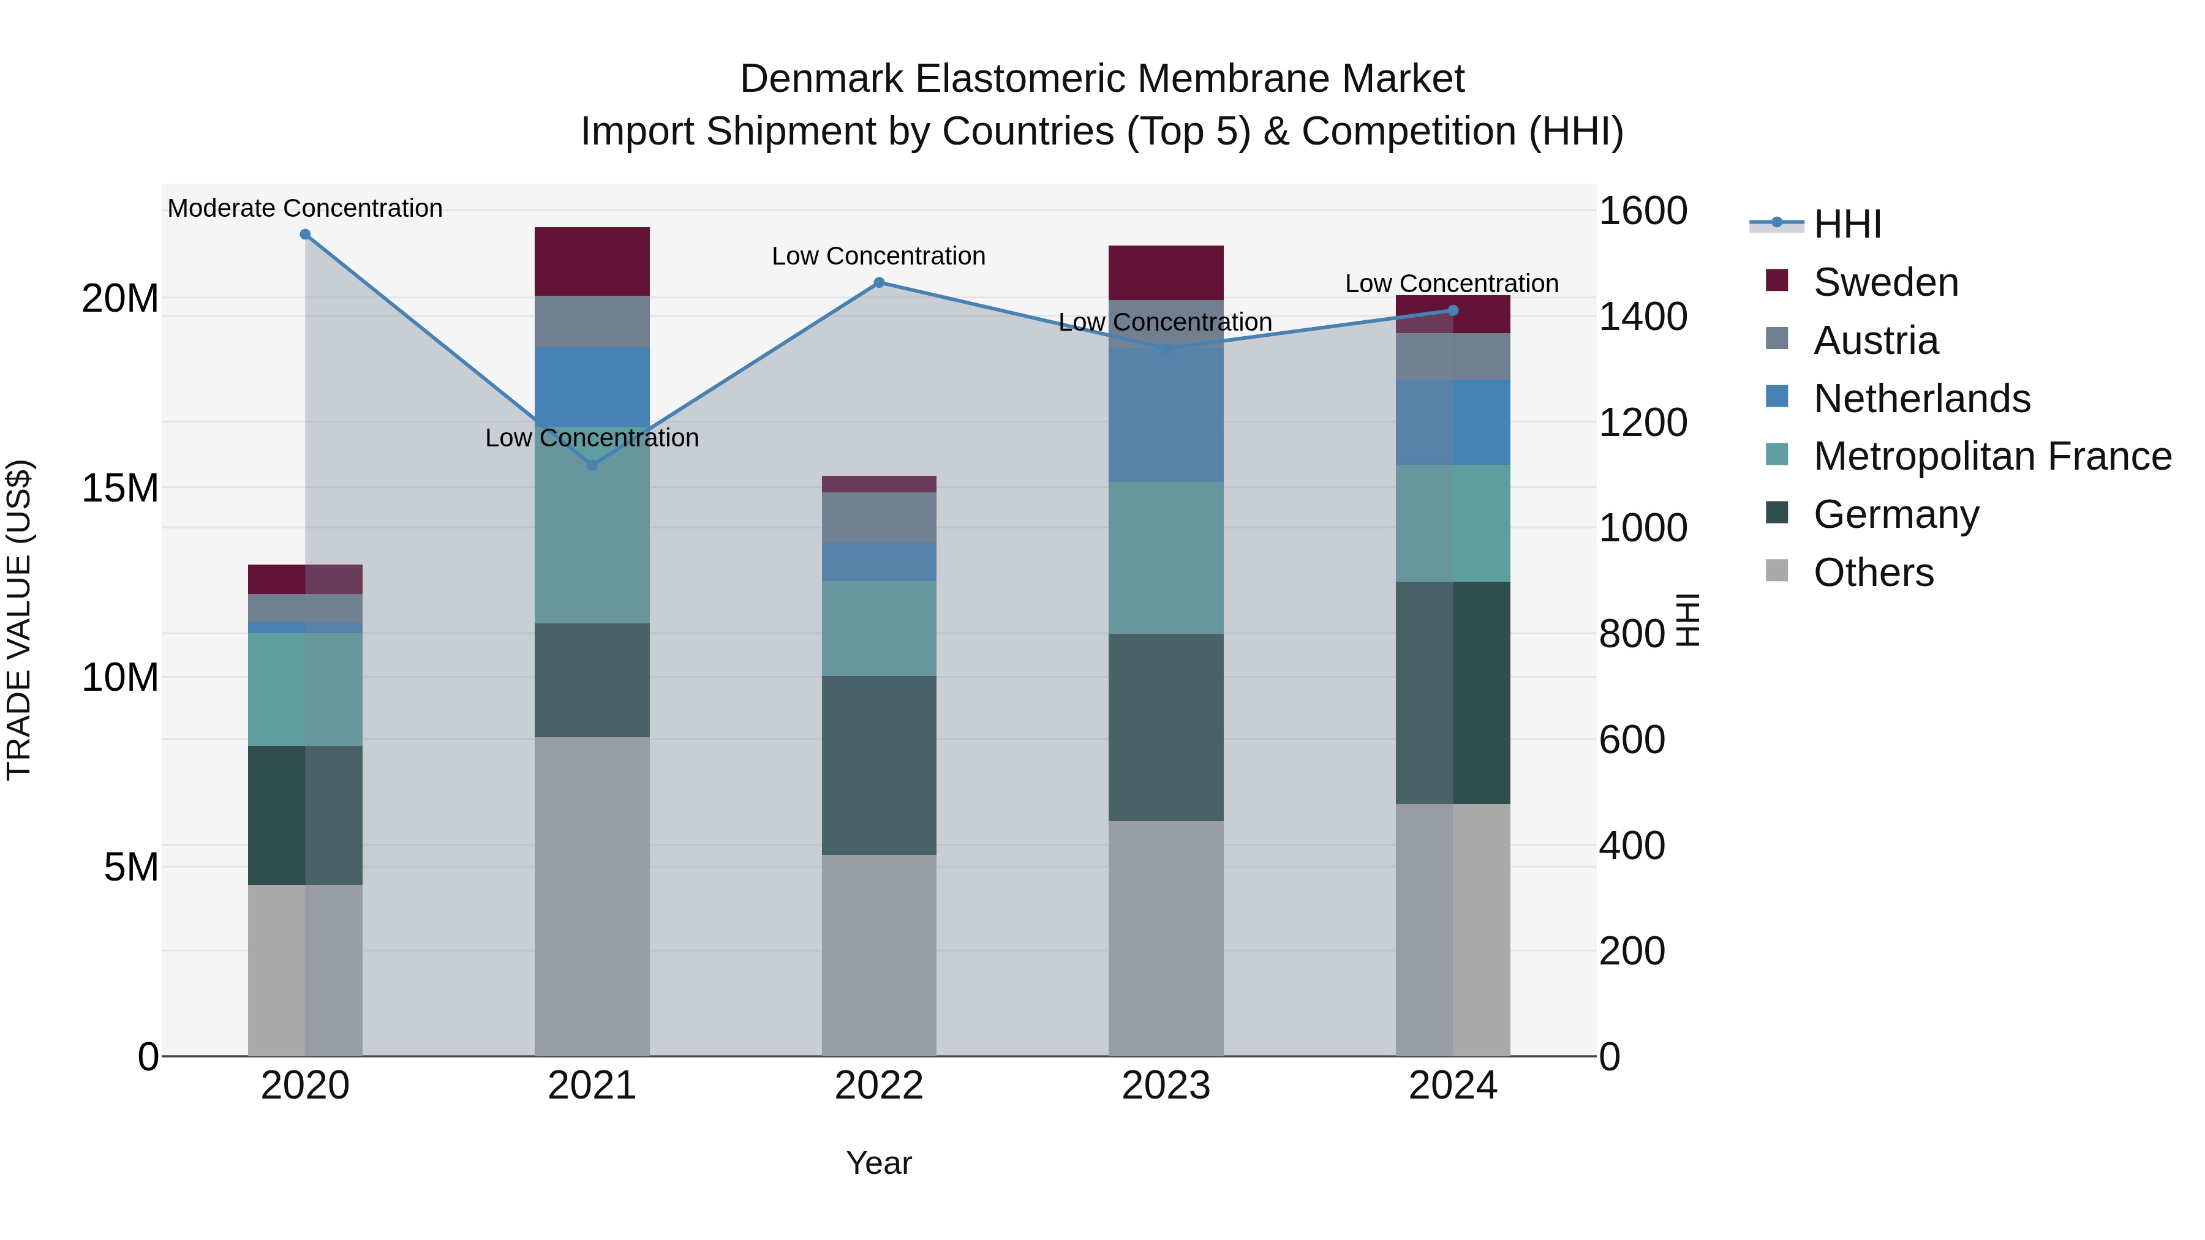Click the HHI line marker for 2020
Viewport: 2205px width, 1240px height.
tap(305, 235)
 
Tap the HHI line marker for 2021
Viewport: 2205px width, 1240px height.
tap(592, 465)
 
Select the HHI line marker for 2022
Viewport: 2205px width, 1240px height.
tap(879, 282)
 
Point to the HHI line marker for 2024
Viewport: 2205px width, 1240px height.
tap(1453, 310)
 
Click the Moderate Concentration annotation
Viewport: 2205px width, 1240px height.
tap(305, 208)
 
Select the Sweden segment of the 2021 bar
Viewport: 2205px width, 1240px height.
tap(592, 261)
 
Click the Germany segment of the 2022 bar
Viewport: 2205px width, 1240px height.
tap(879, 765)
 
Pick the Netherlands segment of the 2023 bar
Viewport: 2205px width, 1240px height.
tap(1166, 415)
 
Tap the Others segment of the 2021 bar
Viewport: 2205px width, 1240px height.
tap(592, 896)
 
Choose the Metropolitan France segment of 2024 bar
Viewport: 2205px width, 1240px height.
tap(1453, 523)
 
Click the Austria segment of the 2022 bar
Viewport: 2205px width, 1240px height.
tap(879, 517)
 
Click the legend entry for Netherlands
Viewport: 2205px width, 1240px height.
tap(1921, 399)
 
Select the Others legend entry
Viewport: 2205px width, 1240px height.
tap(1873, 573)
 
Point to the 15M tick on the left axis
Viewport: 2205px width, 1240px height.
tap(120, 489)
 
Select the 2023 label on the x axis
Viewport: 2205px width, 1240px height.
tap(1166, 1086)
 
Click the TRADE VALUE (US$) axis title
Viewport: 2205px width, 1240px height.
tap(19, 620)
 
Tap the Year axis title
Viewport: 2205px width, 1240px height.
tap(879, 1163)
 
